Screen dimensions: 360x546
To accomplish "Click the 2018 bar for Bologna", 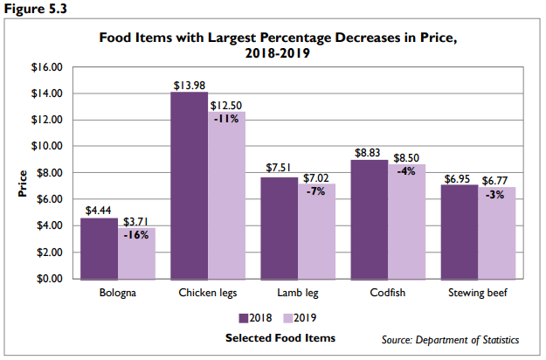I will (x=99, y=248).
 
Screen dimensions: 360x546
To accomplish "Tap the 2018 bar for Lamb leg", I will (x=279, y=228).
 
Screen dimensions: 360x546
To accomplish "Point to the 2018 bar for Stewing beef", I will (x=460, y=232).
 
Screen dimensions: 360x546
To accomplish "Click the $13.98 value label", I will (x=190, y=84).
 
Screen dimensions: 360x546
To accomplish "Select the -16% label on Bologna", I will (x=135, y=236).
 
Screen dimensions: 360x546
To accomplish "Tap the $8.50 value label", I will (x=405, y=159).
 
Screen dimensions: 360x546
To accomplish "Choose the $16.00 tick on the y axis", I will (x=48, y=66).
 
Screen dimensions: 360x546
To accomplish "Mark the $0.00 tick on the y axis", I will (x=51, y=279).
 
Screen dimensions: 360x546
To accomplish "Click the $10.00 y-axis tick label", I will (x=48, y=146).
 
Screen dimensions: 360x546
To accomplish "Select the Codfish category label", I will (x=385, y=294).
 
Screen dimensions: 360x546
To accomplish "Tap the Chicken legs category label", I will (x=207, y=294).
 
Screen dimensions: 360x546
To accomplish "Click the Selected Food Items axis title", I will (x=280, y=337).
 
